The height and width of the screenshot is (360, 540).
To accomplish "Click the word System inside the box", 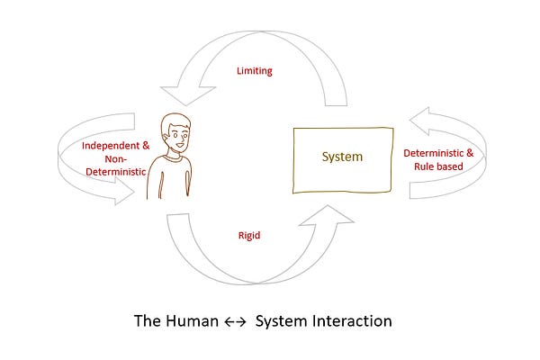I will (342, 157).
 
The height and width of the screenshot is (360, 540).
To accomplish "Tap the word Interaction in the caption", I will (351, 320).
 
